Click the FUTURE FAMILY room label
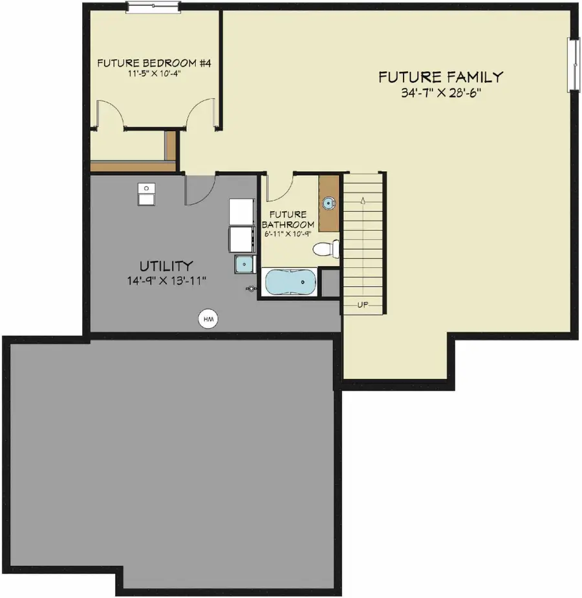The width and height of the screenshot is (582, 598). click(x=440, y=77)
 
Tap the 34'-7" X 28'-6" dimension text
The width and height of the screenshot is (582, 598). click(x=440, y=93)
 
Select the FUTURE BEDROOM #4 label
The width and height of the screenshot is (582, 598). click(x=155, y=63)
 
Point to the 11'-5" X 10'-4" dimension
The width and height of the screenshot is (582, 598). click(x=155, y=74)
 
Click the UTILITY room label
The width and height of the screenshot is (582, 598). click(x=166, y=265)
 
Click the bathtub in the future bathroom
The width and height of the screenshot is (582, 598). click(x=291, y=283)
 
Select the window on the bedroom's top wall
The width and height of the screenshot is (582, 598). click(x=153, y=7)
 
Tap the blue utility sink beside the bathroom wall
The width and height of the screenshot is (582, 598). click(x=245, y=265)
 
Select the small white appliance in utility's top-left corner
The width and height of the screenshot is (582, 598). click(x=146, y=194)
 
